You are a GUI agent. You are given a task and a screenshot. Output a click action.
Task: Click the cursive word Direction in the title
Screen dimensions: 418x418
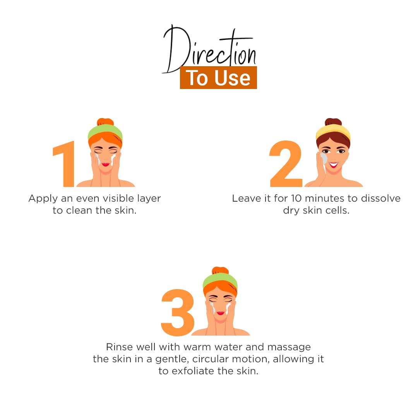click(209, 49)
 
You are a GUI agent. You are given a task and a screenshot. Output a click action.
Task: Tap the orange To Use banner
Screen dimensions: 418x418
click(218, 77)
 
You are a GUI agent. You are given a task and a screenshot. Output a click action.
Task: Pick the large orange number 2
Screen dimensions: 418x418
click(286, 164)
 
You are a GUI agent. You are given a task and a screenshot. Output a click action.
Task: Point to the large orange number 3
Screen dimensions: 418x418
click(178, 312)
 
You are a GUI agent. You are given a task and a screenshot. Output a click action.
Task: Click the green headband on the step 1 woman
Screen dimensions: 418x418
click(105, 132)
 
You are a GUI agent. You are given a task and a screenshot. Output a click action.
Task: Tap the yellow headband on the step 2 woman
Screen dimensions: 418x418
click(333, 132)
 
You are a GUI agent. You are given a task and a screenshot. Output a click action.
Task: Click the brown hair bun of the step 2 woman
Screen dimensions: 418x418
click(333, 122)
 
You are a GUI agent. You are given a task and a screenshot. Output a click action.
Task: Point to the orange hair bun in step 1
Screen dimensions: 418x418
click(105, 122)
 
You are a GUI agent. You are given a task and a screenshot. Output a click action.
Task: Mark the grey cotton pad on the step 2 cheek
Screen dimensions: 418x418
click(323, 159)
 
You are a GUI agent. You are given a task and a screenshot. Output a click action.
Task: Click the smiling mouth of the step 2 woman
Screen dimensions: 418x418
click(334, 165)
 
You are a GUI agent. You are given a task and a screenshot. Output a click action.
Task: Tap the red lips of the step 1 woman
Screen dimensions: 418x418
click(106, 164)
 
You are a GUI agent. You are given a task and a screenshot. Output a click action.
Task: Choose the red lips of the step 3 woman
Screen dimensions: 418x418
click(221, 313)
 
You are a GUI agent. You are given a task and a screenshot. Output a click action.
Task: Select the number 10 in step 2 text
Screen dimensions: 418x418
click(296, 198)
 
